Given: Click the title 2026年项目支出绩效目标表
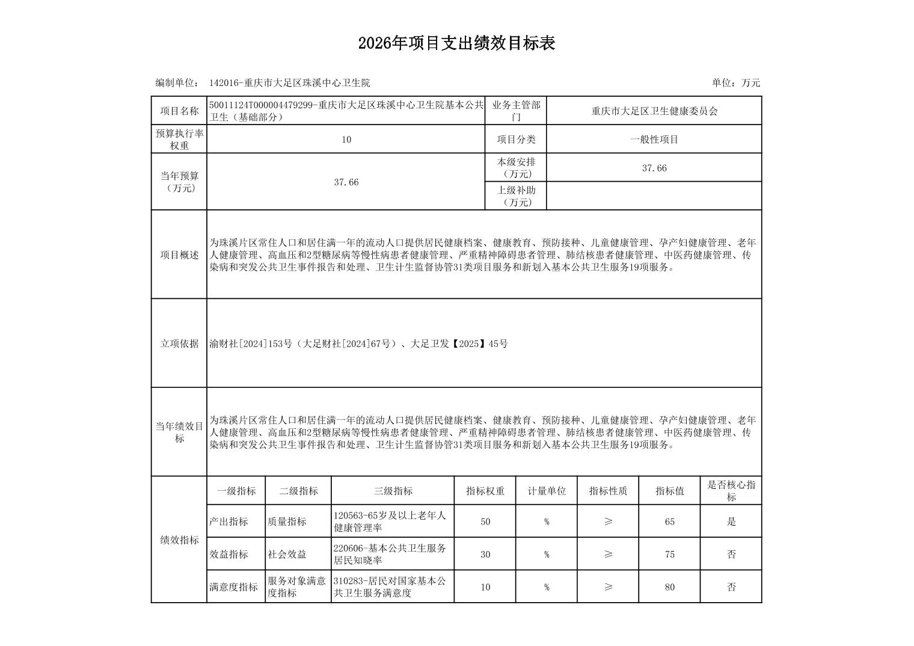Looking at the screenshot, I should point(456,43).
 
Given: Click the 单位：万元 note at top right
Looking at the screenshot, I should point(735,83).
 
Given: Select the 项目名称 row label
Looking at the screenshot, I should point(179,111).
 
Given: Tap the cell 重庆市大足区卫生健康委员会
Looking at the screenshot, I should point(654,111).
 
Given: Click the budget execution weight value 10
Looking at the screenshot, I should point(346,140).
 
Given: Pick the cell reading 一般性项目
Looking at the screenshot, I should point(654,140).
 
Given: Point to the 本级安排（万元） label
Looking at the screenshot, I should point(516,168).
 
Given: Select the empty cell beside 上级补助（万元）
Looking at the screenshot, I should point(654,196).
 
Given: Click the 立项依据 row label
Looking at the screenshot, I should point(179,343).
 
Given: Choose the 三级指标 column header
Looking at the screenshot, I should point(393,491).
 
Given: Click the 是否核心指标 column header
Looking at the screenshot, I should point(731,491).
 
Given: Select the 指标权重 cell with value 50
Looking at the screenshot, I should point(485,521).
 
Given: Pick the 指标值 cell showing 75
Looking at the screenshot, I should point(669,555).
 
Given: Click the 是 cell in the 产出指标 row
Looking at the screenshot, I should point(731,521).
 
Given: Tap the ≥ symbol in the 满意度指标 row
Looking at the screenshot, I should point(608,587).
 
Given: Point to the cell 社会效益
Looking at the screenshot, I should point(287,555).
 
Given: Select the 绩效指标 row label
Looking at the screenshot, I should point(179,540).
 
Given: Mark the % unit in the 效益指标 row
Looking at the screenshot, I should point(547,555).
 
